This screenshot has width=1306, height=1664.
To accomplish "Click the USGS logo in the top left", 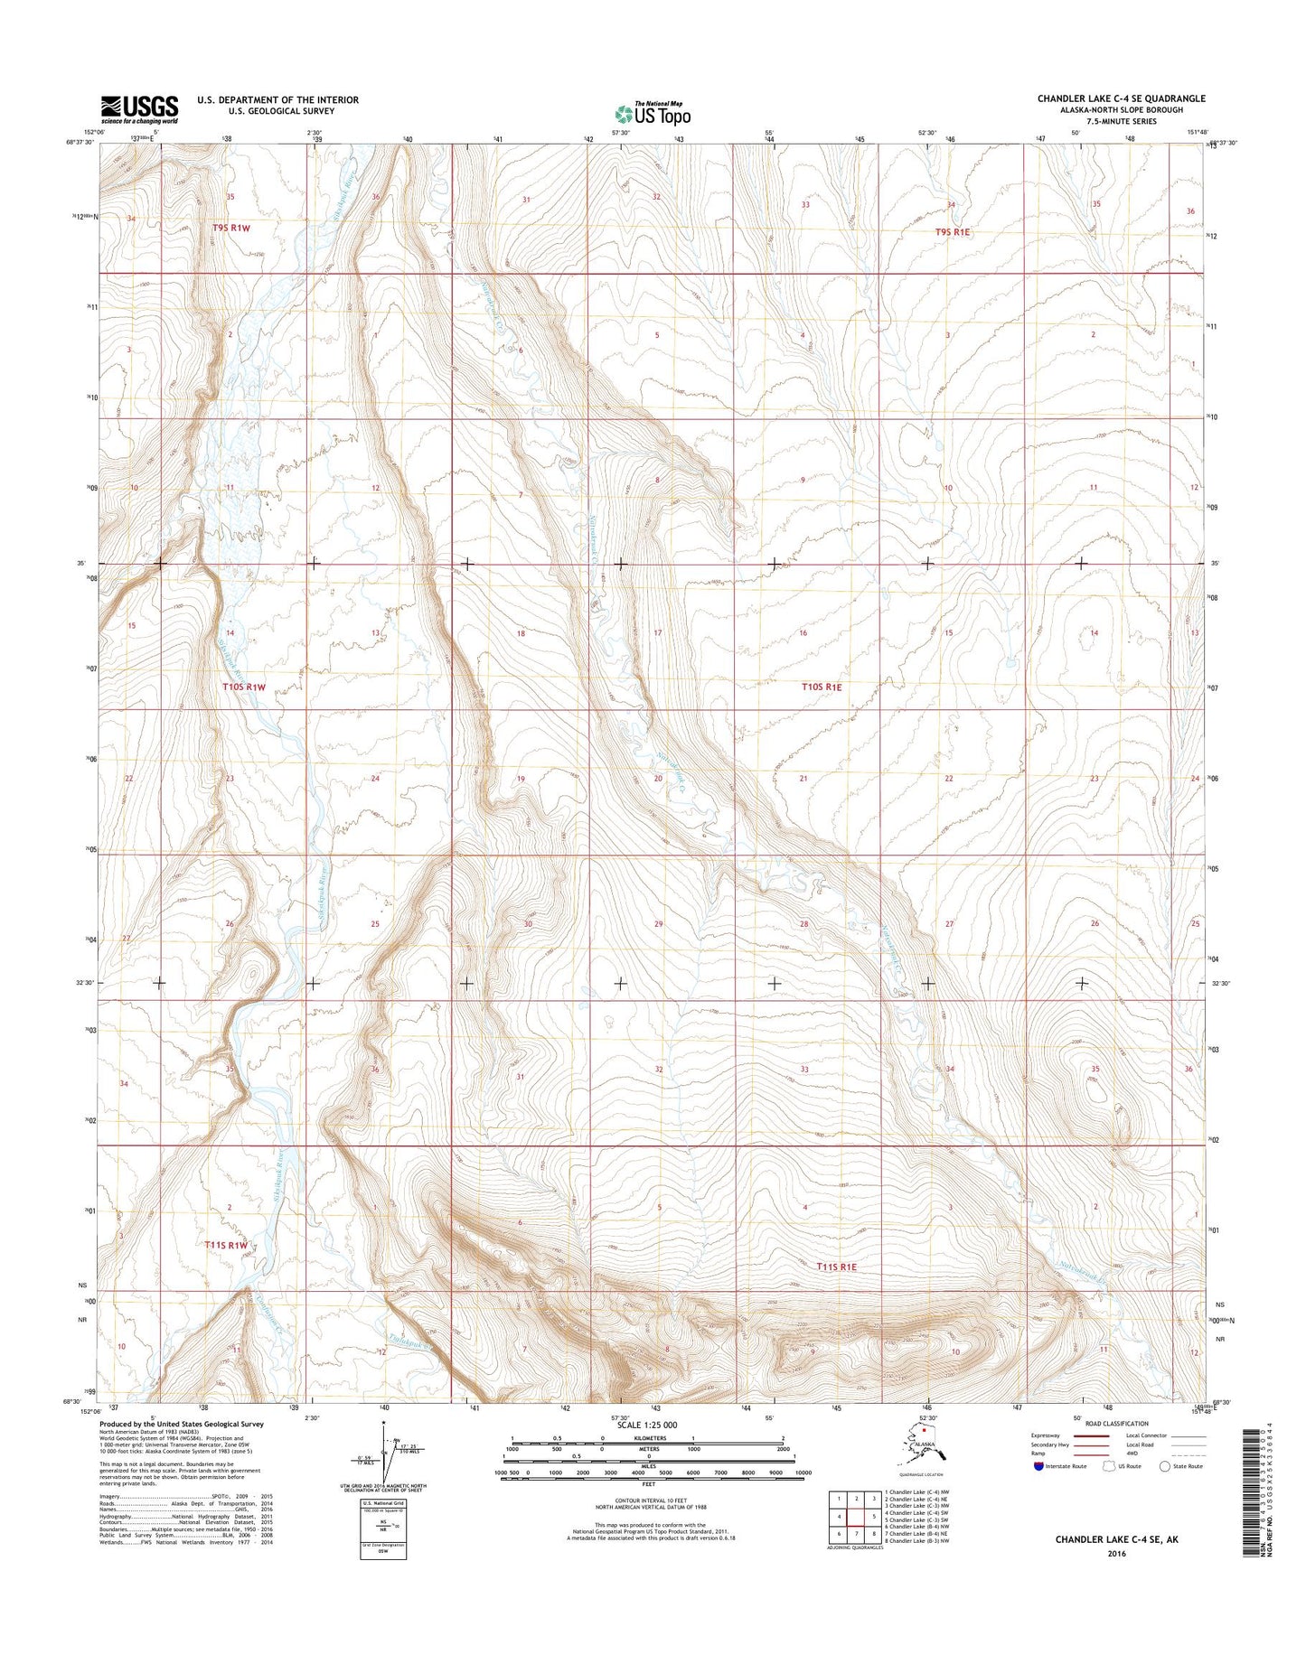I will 139,109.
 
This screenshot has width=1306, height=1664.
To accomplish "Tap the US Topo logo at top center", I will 653,113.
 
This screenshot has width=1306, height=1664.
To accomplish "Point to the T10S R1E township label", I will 822,687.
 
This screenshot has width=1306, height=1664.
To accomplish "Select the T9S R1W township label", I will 230,229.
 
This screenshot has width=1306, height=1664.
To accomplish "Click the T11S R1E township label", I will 836,1267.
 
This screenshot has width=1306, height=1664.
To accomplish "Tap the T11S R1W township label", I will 225,1245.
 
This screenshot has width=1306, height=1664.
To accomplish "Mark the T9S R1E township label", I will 952,232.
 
